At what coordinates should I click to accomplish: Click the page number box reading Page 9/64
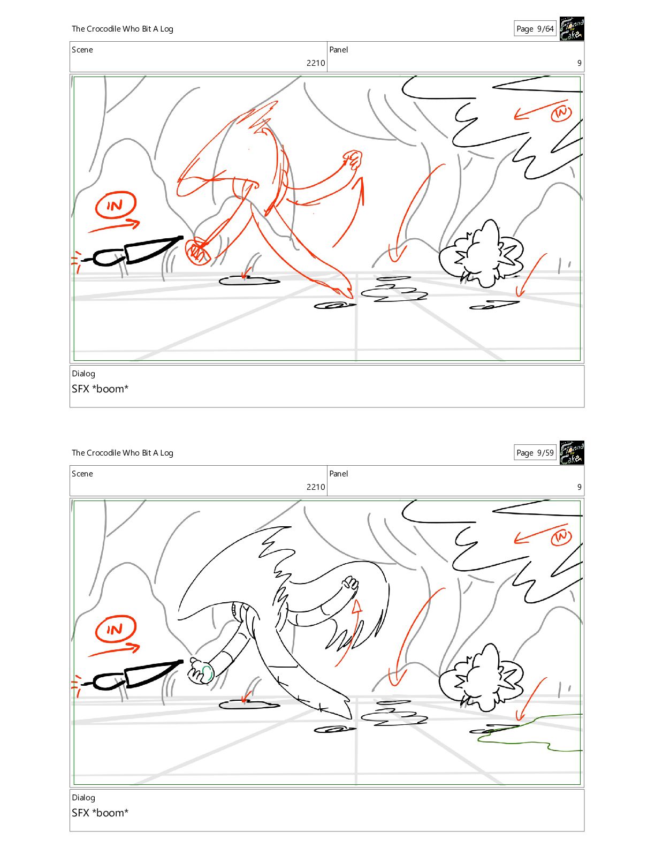coord(535,28)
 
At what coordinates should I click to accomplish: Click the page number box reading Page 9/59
coord(535,453)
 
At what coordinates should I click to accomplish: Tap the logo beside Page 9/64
coord(572,28)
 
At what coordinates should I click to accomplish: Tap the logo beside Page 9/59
coord(572,453)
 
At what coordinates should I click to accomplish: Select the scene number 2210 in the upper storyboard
coord(316,63)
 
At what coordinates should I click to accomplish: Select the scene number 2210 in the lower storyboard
coord(316,487)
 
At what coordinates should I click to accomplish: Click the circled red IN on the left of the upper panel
coord(116,205)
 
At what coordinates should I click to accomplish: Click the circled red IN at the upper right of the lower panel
coord(561,537)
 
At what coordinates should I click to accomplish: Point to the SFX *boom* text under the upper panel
coord(100,389)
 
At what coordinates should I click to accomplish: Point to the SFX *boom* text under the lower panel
coord(100,813)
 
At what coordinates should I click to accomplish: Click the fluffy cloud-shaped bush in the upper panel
coord(481,254)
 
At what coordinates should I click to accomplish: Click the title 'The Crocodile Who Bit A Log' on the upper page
coord(123,29)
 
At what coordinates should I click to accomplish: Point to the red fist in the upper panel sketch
coord(353,159)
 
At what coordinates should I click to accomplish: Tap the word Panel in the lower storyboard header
coord(339,474)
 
